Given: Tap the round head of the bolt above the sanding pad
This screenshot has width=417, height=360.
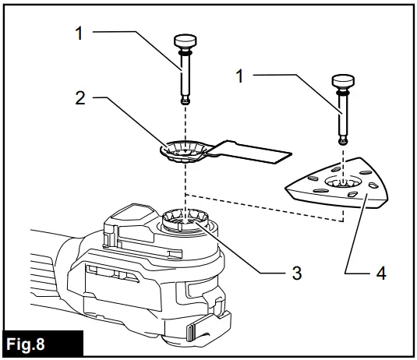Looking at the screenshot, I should pos(344,80).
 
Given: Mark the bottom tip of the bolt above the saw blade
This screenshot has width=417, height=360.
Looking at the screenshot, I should pos(186,101).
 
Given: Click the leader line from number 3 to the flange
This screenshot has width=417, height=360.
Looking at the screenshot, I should pos(242,260).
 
